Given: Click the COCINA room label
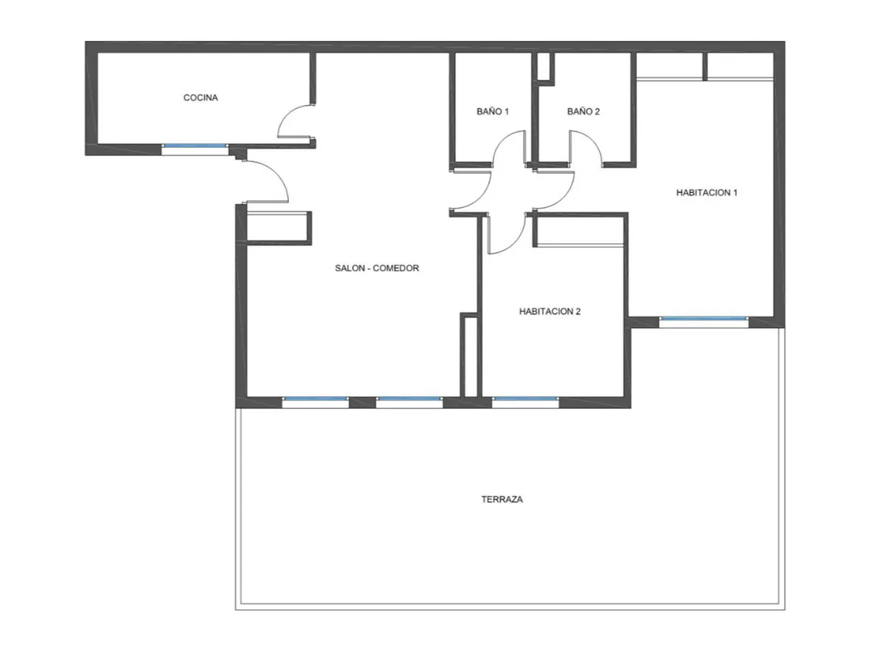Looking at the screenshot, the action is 201,98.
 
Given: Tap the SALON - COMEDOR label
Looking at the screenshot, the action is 377,268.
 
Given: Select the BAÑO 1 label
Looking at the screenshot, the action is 493,111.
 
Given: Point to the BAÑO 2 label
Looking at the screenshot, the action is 584,111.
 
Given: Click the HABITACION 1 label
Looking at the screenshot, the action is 706,193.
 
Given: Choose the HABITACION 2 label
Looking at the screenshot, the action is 550,312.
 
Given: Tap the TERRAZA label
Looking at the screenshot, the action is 502,500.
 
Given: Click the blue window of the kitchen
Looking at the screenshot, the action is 195,145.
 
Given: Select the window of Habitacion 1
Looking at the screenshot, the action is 703,319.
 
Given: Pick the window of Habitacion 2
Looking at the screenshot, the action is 525,399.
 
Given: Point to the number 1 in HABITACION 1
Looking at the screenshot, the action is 736,193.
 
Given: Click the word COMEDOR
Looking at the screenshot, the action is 396,268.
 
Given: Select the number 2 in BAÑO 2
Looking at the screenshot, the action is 597,111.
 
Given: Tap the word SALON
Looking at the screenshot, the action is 350,268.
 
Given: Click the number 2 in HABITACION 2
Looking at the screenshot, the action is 578,312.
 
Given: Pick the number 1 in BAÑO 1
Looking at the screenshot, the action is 506,111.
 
